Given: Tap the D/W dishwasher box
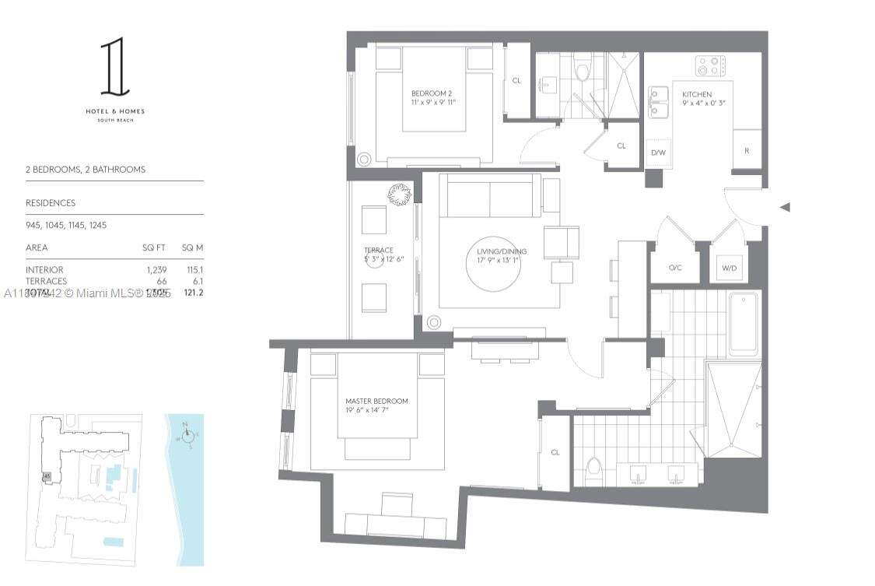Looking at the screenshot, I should click(x=658, y=153).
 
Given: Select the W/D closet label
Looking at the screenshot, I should click(x=729, y=268).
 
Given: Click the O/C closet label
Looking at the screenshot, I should click(x=675, y=268).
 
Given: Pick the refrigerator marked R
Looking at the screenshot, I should click(x=747, y=150).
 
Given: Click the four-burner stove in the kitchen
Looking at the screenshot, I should click(x=710, y=66).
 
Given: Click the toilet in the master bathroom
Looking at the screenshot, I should click(x=594, y=470).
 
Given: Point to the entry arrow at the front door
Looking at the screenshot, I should click(x=785, y=207).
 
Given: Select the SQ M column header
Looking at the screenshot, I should click(x=192, y=247).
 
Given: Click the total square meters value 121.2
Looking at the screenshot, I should click(x=192, y=293).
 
